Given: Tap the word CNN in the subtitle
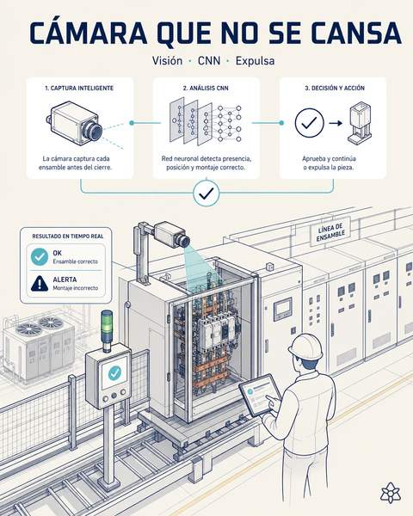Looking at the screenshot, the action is coord(209,61).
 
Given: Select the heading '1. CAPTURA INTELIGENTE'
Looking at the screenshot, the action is coord(79,89).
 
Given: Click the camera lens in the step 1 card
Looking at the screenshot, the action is coord(93,131).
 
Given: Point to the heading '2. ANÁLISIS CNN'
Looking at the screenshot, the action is coord(206,89).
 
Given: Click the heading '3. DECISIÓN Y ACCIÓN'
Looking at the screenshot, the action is coord(335,89).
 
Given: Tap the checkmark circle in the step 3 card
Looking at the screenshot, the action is coord(309,123).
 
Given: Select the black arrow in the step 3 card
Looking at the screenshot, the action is coord(336,123).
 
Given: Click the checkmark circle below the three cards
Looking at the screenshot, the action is coord(206,193).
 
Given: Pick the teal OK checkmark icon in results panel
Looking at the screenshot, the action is coord(40,257).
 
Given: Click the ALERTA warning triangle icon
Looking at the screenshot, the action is coord(40,284).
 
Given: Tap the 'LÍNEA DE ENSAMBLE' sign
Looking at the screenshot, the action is coord(330,232).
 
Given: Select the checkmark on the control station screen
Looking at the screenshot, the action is coord(114,372).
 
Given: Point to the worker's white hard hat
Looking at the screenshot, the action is coord(305,347).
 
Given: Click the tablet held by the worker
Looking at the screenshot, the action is coord(260,395).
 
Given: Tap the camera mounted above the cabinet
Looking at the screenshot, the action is coord(172,234).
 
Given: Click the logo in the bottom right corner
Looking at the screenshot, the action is coord(391,493).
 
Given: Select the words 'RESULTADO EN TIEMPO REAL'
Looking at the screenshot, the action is coord(67,236).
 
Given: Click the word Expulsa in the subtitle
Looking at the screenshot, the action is coord(255,61).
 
